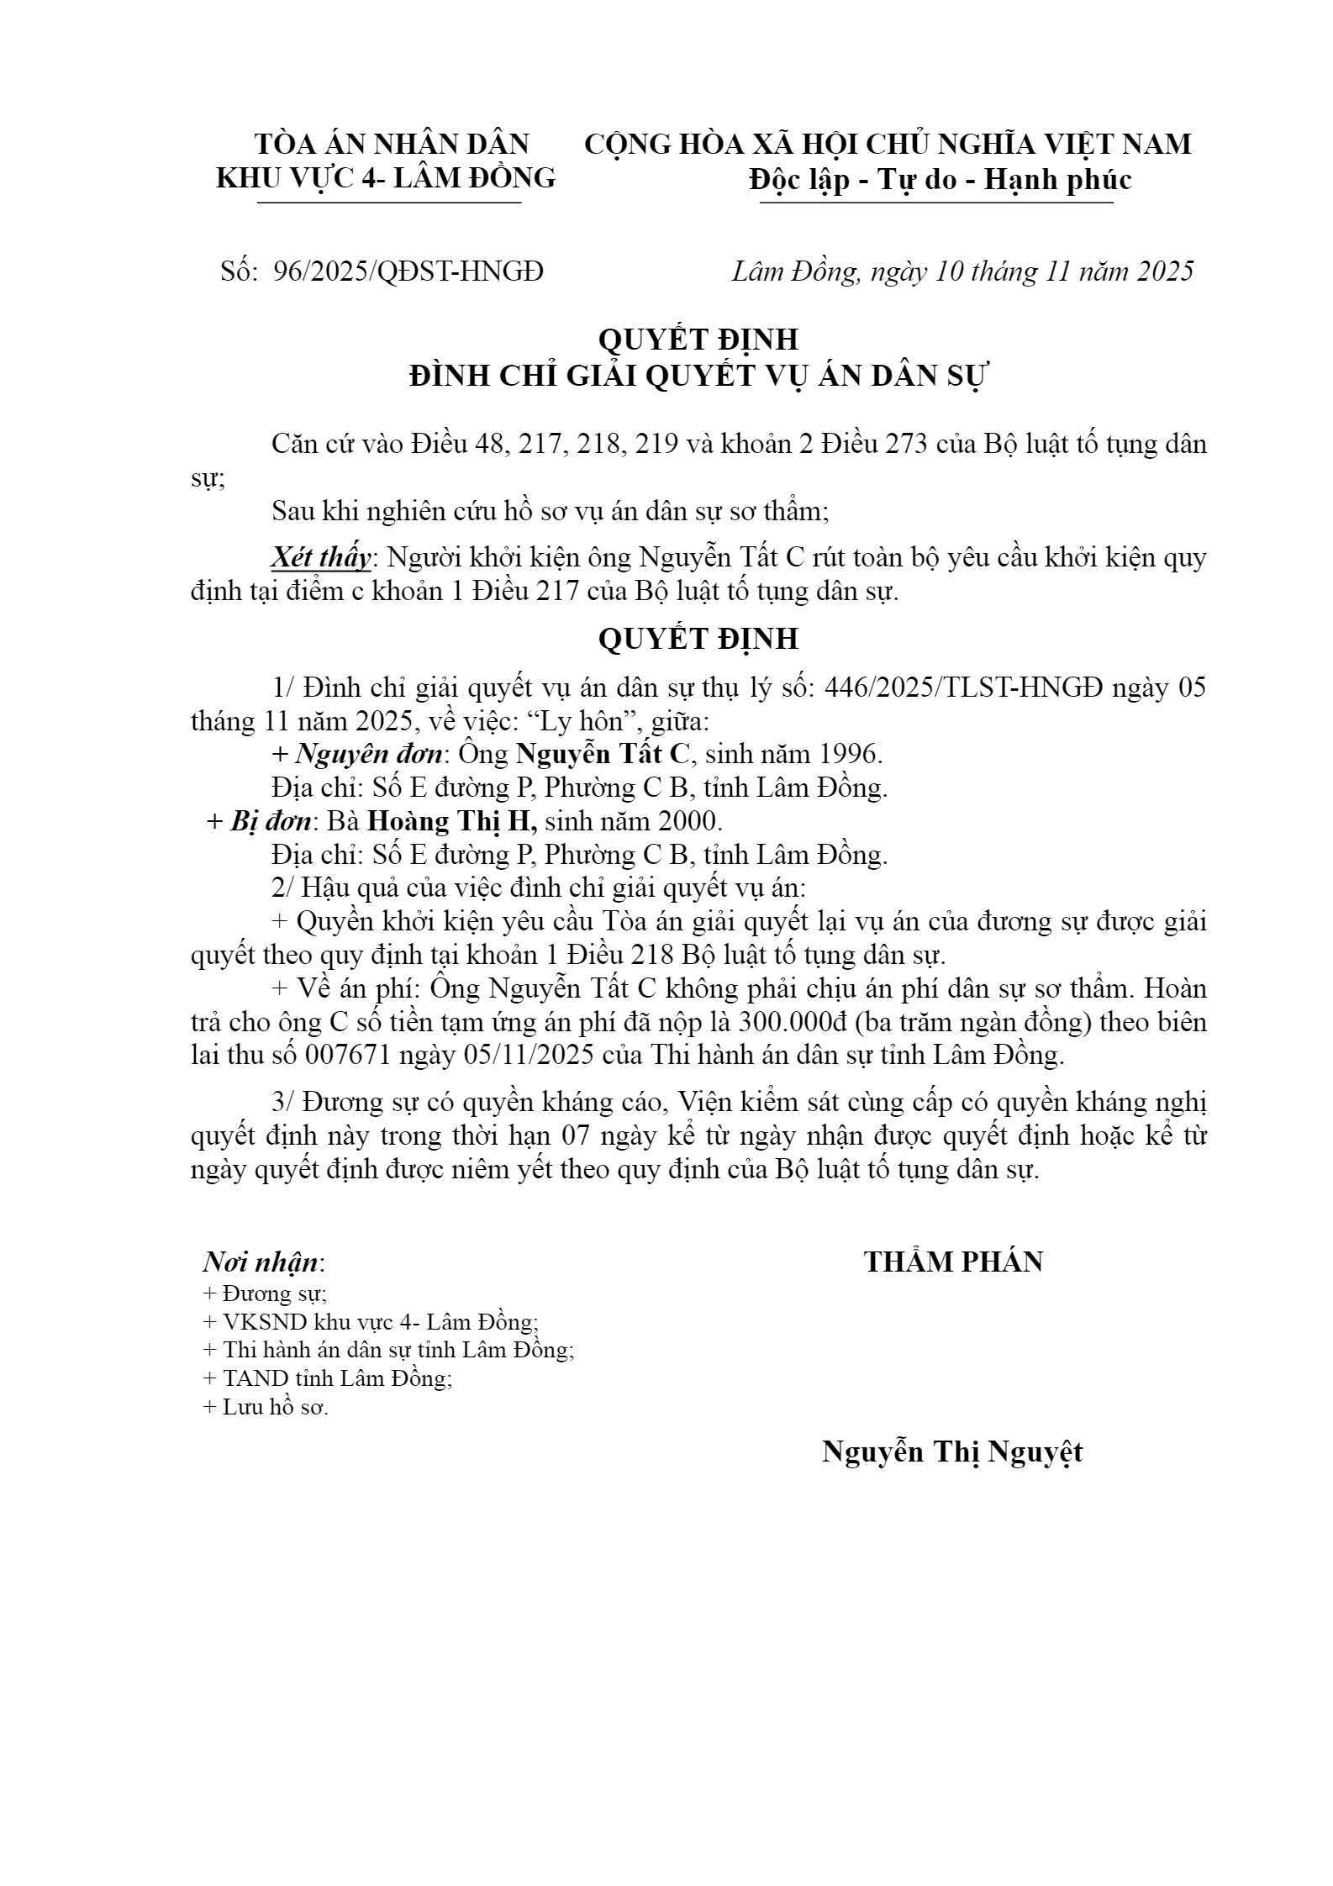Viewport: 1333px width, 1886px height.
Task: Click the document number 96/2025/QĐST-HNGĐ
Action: pyautogui.click(x=408, y=271)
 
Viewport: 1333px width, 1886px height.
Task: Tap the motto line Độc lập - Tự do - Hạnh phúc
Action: pyautogui.click(x=940, y=179)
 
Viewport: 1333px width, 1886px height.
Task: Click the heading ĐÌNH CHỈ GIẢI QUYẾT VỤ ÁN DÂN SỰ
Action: pyautogui.click(x=698, y=375)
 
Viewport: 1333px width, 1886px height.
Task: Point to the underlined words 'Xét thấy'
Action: pyautogui.click(x=320, y=557)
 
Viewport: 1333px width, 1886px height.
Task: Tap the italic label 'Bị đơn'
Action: pyautogui.click(x=270, y=820)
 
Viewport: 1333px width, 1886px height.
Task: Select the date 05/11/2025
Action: pyautogui.click(x=530, y=1056)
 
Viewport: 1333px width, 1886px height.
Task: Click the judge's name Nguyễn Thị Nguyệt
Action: pyautogui.click(x=952, y=1452)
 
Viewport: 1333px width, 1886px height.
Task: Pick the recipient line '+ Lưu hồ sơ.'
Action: pyautogui.click(x=266, y=1407)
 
